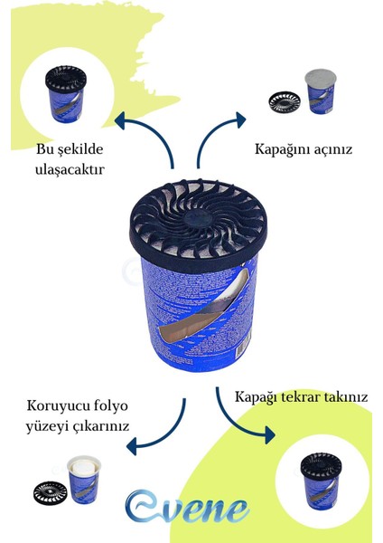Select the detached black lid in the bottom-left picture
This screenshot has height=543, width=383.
tap(50, 491)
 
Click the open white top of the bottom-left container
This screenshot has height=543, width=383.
tap(84, 468)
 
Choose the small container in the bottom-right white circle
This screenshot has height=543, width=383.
tap(321, 478)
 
